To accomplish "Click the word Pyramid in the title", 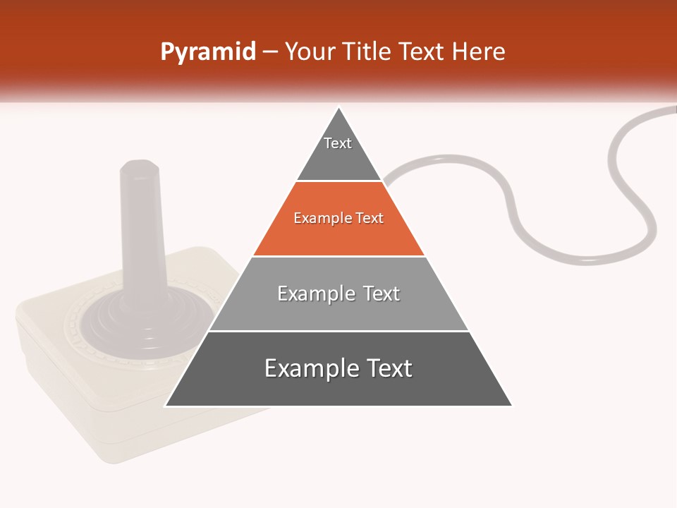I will pos(208,52).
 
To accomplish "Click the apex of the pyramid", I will pos(339,109).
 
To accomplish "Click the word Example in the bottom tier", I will pos(307,368).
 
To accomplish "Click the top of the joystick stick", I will pos(139,167).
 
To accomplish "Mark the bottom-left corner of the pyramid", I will pos(165,406).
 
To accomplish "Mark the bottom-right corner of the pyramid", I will pos(512,406).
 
